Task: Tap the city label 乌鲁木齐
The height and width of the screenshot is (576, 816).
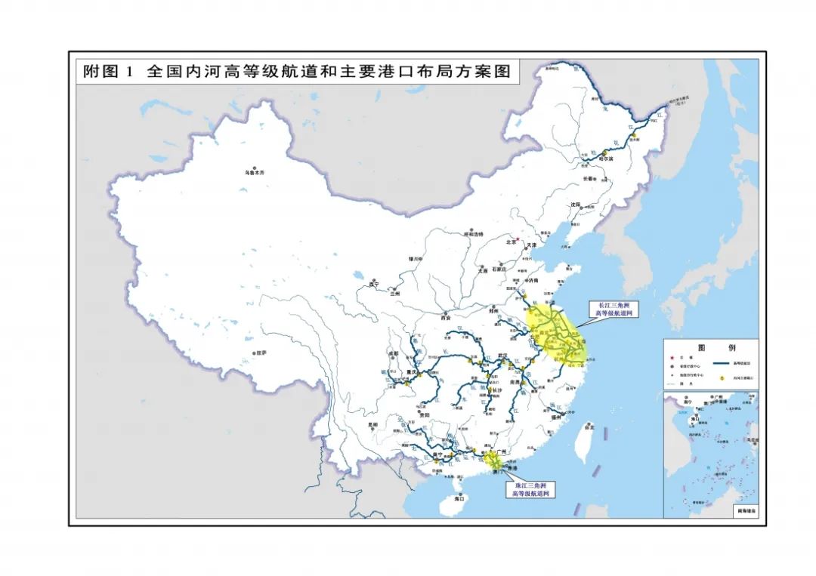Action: click(255, 173)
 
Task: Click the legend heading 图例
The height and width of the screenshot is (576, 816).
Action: click(709, 348)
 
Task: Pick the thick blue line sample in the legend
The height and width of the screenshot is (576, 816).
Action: click(723, 363)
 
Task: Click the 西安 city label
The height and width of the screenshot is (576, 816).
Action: click(446, 318)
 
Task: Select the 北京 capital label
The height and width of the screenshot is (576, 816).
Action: click(512, 242)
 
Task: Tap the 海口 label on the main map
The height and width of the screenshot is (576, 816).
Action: click(459, 499)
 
